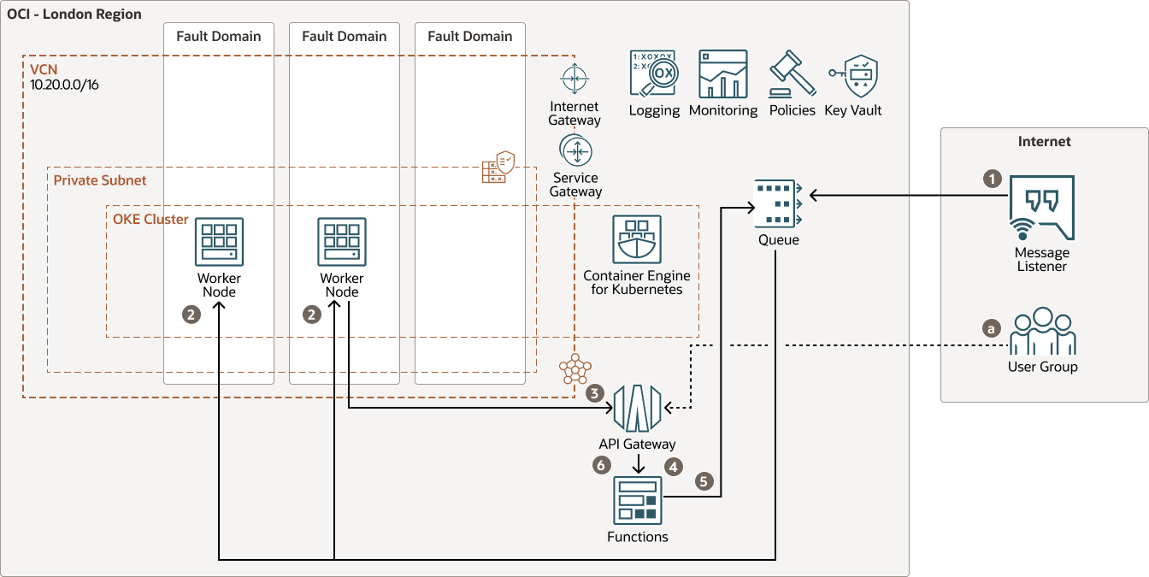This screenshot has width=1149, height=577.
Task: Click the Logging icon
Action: [654, 74]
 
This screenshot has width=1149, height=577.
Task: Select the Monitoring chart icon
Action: [722, 74]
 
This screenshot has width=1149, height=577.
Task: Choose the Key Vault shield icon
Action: [854, 75]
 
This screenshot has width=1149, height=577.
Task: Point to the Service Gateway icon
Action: [575, 152]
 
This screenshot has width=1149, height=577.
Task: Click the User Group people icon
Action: [1041, 331]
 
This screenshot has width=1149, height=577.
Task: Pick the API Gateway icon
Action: [637, 409]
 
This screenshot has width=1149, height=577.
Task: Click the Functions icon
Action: [638, 500]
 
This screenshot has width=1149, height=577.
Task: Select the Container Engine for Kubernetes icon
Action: [636, 239]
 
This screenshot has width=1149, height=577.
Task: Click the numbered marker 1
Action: [992, 179]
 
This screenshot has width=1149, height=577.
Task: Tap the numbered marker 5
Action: [704, 481]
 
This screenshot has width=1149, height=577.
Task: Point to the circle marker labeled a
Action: [992, 327]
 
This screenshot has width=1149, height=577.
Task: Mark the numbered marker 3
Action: [595, 394]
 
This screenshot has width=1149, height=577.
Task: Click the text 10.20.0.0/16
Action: [64, 85]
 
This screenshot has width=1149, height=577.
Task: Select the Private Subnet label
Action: [100, 180]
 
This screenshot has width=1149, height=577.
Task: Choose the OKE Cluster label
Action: [150, 219]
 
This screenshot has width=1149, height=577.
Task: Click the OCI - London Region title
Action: [74, 15]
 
